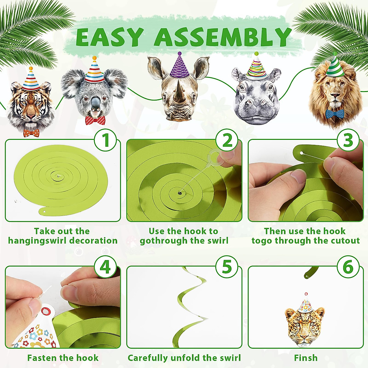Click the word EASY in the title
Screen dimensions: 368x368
(109, 37)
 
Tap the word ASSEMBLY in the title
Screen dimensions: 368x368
(223, 37)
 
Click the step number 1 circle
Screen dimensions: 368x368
(105, 140)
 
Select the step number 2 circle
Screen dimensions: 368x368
(227, 140)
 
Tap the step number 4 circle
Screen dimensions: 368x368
(105, 267)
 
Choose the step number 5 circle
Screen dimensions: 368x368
(227, 267)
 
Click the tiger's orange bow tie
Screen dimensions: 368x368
(32, 133)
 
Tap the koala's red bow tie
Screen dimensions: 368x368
(95, 120)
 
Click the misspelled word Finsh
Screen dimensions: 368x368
(305, 358)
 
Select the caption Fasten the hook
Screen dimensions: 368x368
(63, 358)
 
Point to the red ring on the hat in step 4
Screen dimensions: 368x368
(46, 312)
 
